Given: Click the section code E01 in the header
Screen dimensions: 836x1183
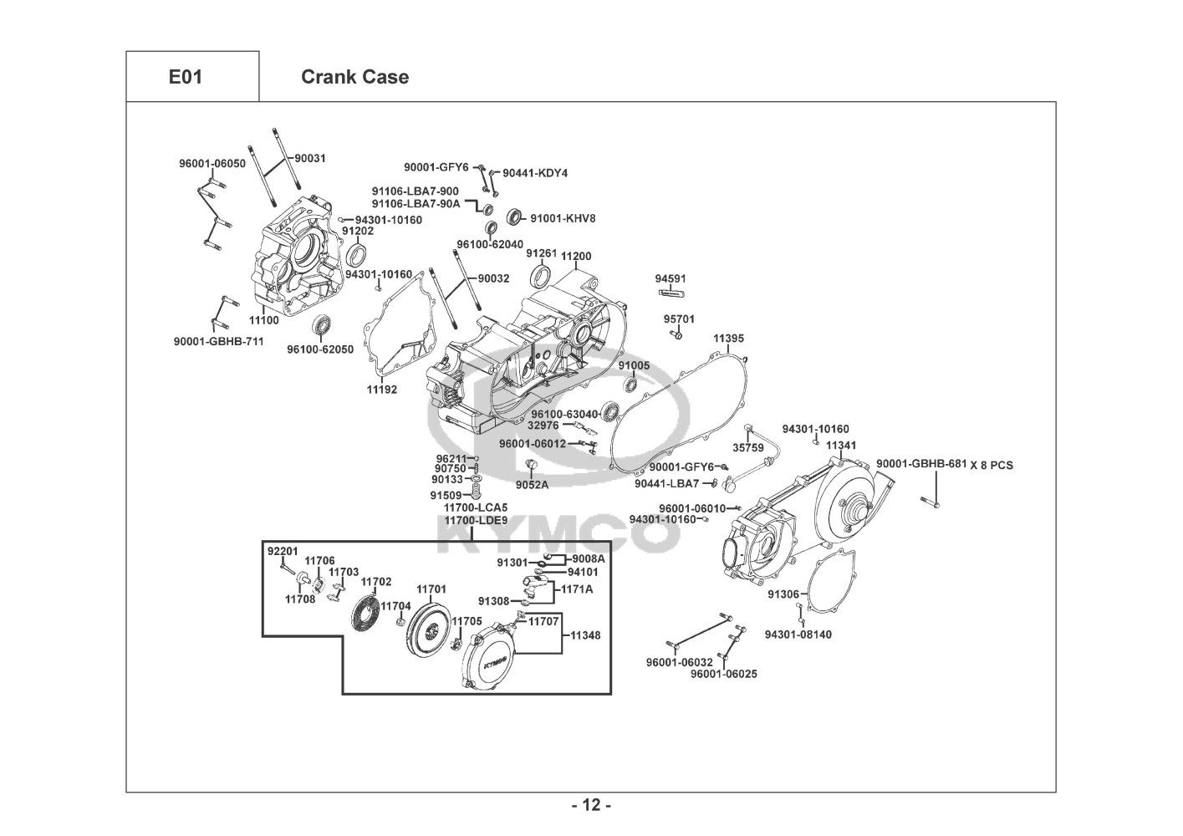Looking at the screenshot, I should [x=186, y=77].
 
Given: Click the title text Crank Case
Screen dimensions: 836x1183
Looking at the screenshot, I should [x=354, y=77].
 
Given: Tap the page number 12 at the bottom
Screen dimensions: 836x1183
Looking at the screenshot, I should [x=591, y=805].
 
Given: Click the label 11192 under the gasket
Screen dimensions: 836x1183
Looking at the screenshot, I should [x=382, y=390].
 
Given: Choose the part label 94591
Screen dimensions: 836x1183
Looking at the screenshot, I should [x=671, y=278].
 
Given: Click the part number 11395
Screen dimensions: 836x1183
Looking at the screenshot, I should [x=728, y=339].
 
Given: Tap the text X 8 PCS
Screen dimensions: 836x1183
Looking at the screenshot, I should [x=992, y=465].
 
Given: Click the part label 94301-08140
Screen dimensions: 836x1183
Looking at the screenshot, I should [x=798, y=635].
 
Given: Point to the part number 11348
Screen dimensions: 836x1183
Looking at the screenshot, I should [x=585, y=635].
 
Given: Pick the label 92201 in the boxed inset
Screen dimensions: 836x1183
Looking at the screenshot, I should [x=283, y=551].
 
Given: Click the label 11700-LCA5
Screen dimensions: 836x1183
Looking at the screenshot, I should [x=475, y=507].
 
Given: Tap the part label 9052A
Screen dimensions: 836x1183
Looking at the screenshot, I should [x=532, y=485].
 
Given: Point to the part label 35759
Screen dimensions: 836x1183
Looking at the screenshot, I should [x=748, y=448].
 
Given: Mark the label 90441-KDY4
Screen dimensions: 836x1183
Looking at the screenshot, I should [x=535, y=173].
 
